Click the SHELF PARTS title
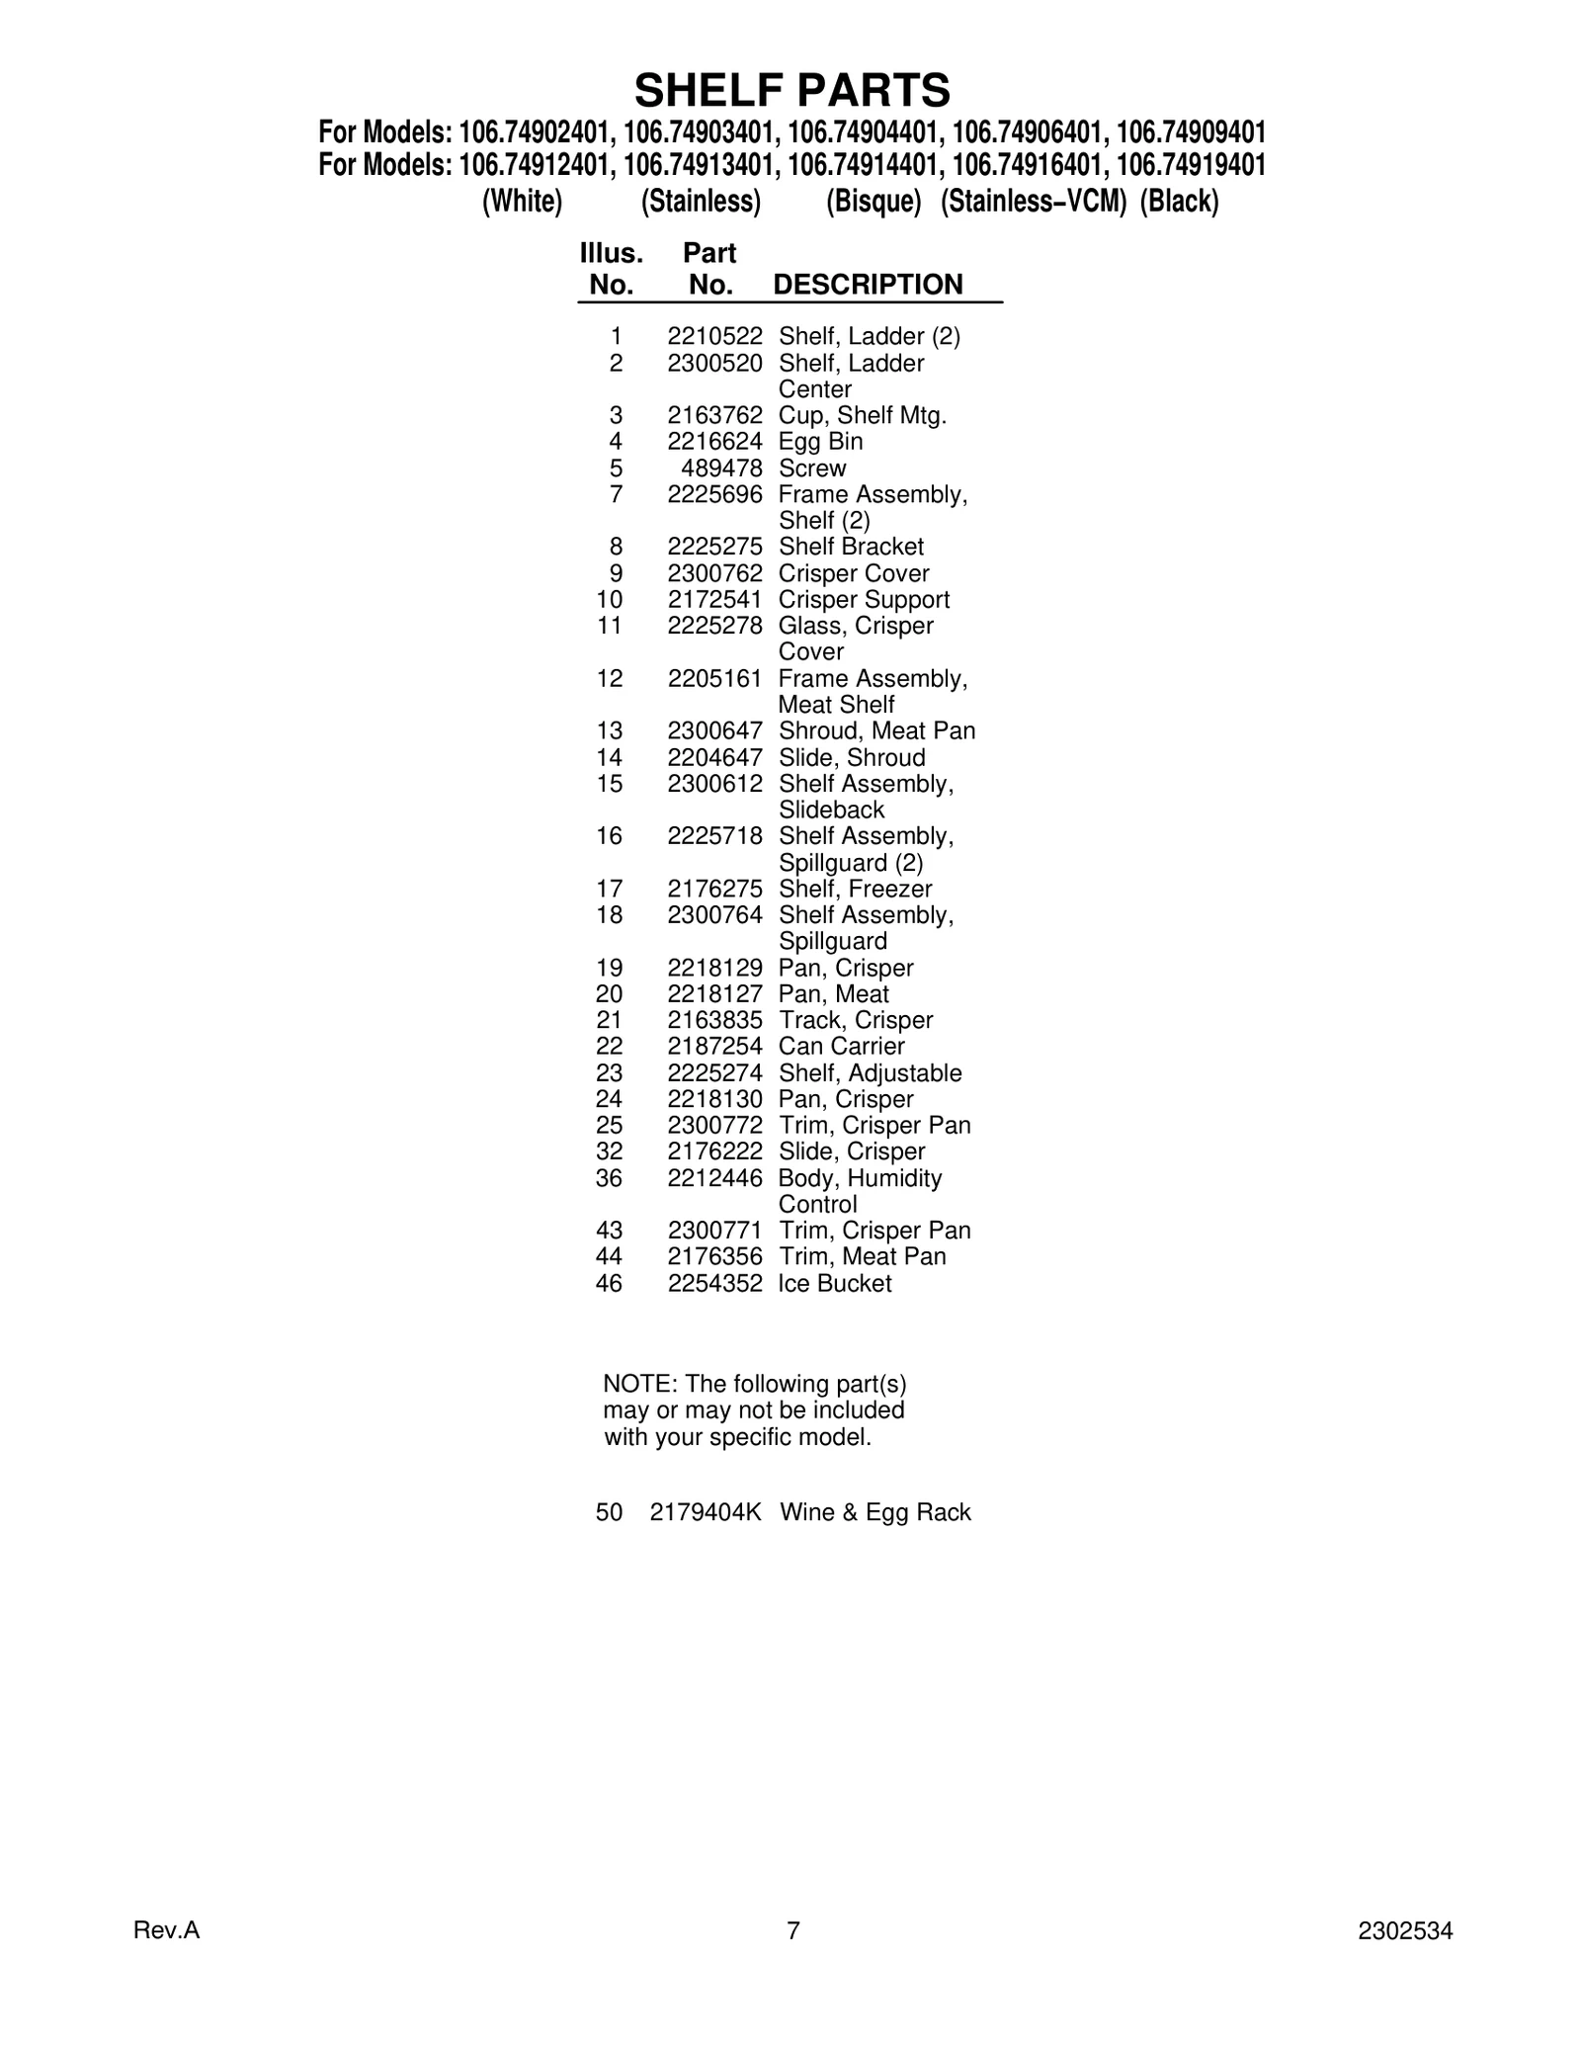(x=791, y=91)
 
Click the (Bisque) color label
(x=874, y=202)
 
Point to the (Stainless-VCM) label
(x=1033, y=202)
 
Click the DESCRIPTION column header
(x=868, y=285)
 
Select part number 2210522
(x=714, y=337)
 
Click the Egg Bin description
(x=820, y=442)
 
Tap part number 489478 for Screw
(x=721, y=469)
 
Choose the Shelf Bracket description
(x=851, y=547)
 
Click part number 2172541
(x=714, y=600)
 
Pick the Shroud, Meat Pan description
(x=876, y=731)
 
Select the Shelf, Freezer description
(x=855, y=889)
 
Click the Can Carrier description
(x=841, y=1047)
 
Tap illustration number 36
(x=609, y=1178)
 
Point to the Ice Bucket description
(x=834, y=1284)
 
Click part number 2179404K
(x=706, y=1512)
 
